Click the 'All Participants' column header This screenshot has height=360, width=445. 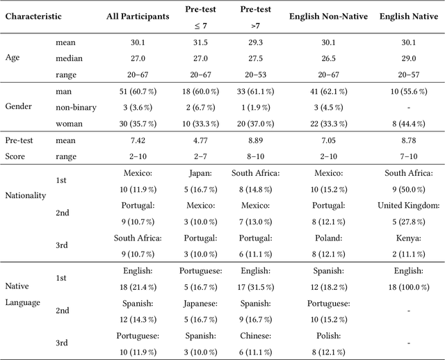(x=138, y=15)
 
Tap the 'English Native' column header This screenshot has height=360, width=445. (x=410, y=15)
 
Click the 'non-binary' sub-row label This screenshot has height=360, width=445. (x=76, y=108)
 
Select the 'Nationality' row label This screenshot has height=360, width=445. (x=26, y=195)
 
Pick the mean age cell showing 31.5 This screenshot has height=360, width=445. (x=200, y=42)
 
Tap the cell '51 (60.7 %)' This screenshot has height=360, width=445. (x=138, y=91)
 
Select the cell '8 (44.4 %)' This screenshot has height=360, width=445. (x=410, y=124)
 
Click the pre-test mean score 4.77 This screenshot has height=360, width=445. (x=200, y=140)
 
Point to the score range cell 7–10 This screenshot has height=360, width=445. (x=410, y=156)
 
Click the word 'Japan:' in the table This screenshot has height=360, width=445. (x=200, y=174)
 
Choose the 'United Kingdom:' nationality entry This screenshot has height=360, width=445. (x=410, y=206)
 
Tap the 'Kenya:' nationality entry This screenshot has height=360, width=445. (x=410, y=238)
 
